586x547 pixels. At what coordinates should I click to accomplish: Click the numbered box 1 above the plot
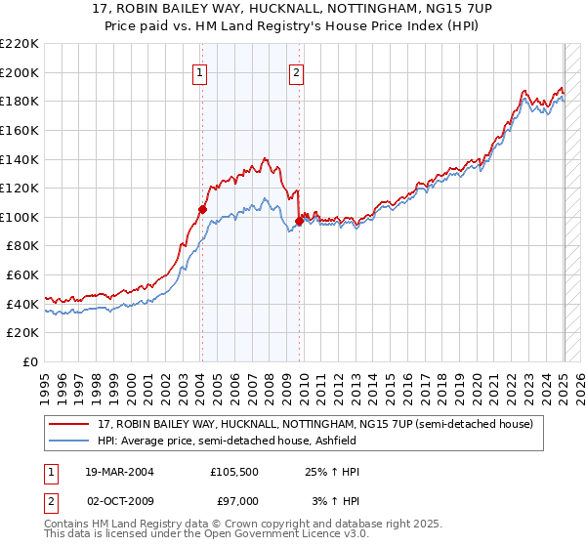click(x=200, y=71)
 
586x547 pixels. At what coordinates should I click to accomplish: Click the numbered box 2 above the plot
click(x=296, y=71)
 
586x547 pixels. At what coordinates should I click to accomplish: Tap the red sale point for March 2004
click(x=202, y=208)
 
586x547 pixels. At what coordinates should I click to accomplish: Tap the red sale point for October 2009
click(x=299, y=221)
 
